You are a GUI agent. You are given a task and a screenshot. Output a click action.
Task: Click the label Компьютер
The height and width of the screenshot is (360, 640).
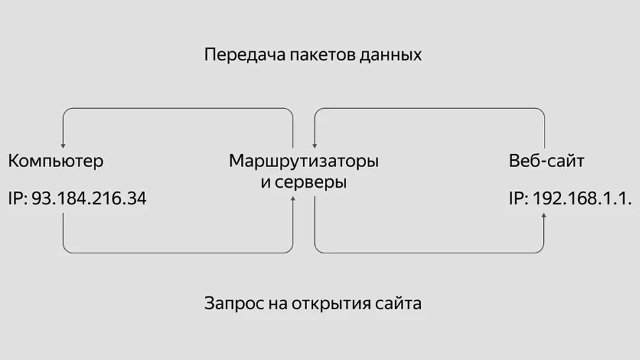55,162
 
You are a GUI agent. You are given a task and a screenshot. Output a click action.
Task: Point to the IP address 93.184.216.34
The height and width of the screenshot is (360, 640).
89,199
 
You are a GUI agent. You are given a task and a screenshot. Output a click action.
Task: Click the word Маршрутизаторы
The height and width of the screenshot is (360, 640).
303,162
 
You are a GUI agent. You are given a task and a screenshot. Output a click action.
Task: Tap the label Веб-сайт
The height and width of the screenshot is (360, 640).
547,162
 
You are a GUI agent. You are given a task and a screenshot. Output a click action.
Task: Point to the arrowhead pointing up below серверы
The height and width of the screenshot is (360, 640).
293,198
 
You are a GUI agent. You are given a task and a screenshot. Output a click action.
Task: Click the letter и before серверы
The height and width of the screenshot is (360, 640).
265,182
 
